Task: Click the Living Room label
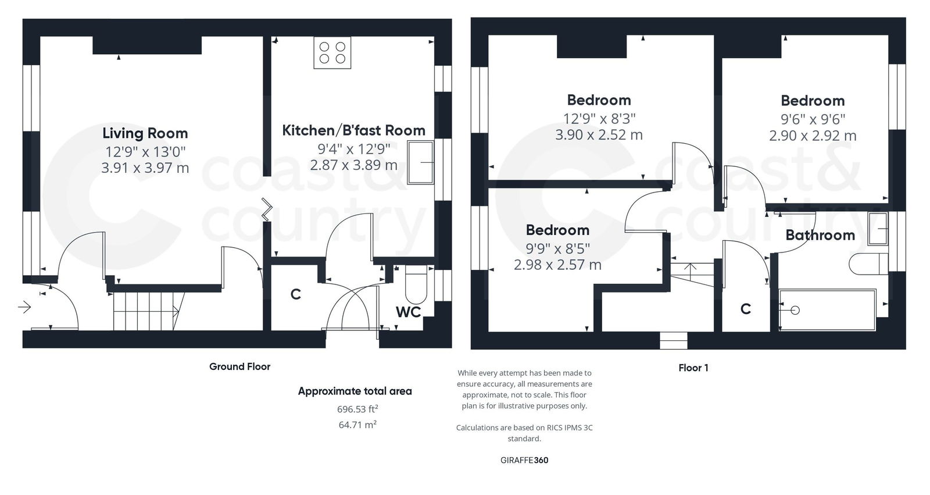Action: click(x=145, y=133)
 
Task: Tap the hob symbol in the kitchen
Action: click(x=332, y=53)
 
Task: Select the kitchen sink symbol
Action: click(x=421, y=163)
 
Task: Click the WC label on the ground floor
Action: click(x=408, y=312)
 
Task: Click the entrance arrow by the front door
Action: click(x=24, y=307)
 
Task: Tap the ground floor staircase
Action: click(x=145, y=311)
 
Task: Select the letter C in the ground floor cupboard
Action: click(x=295, y=295)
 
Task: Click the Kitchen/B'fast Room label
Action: click(x=353, y=130)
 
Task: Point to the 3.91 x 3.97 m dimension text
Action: click(x=145, y=168)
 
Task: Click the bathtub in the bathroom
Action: click(x=827, y=310)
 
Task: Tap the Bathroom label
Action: click(x=820, y=235)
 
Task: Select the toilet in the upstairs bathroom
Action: click(x=868, y=263)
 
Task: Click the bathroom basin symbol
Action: click(x=878, y=229)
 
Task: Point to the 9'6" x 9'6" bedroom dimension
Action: click(x=813, y=119)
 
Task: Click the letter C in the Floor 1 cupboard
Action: click(x=746, y=309)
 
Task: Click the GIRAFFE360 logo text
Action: click(x=524, y=460)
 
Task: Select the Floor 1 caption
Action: click(x=693, y=368)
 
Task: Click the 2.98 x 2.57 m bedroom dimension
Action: click(x=557, y=265)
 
